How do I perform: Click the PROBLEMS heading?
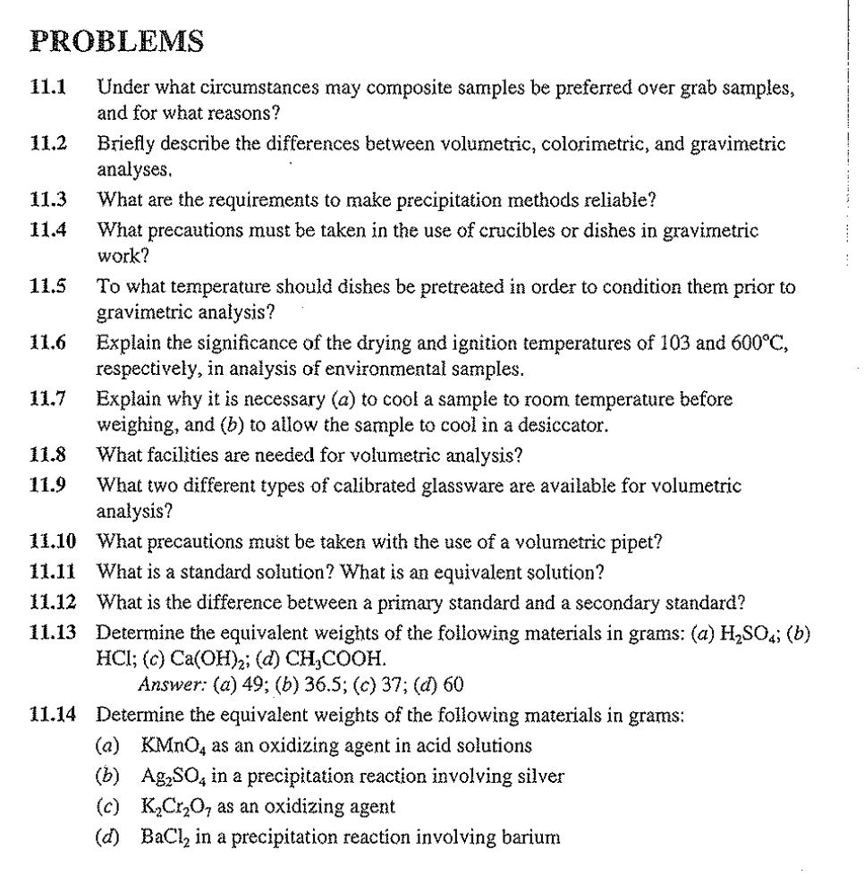[x=116, y=42]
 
